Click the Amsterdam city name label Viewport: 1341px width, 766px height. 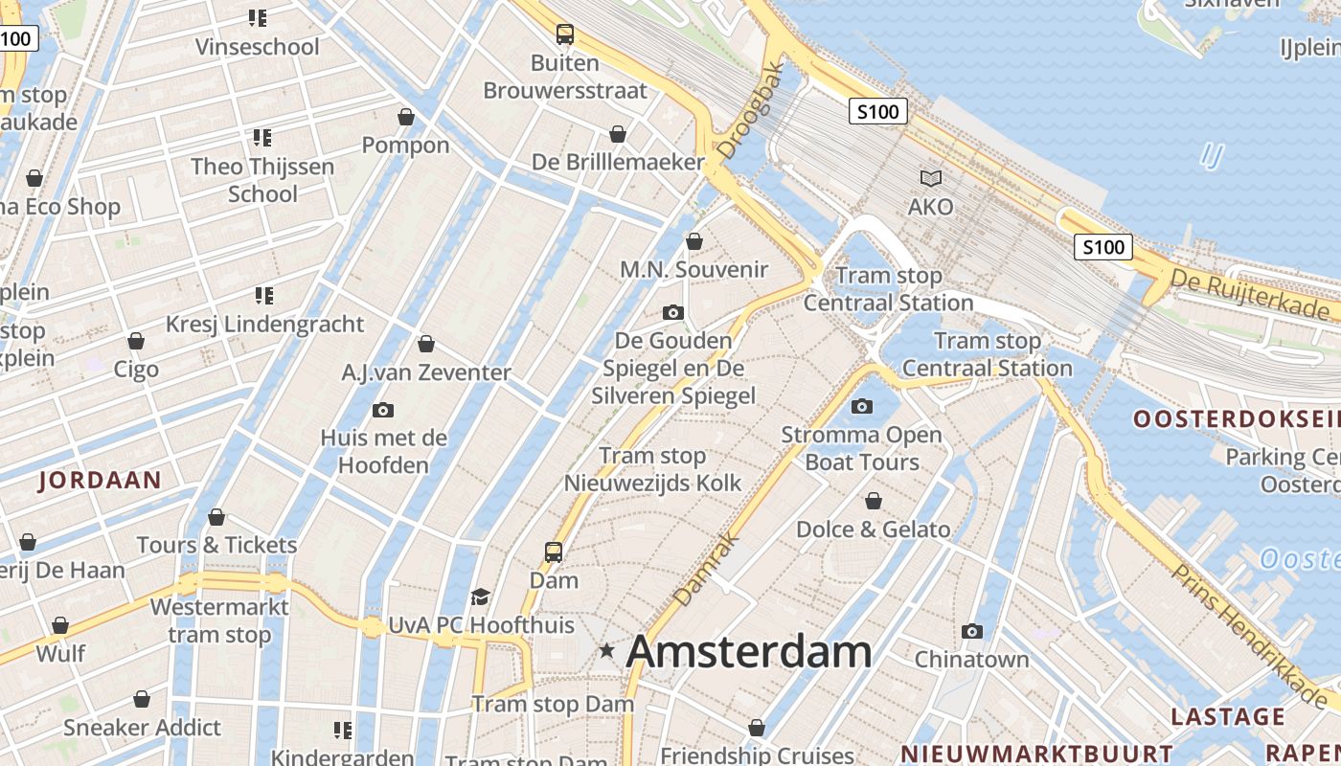coord(748,652)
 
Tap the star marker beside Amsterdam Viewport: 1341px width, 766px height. coord(606,651)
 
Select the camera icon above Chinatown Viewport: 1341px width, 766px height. coord(972,631)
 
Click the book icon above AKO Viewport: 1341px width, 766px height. coord(930,178)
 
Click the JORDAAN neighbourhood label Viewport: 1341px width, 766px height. coord(100,481)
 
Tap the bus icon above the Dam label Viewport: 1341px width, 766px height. coord(554,552)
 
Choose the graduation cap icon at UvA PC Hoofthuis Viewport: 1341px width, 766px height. coord(481,597)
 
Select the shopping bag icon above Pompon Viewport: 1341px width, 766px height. coord(406,117)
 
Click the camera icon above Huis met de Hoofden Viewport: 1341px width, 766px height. coord(383,410)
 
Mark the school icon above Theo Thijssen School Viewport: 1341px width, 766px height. coord(262,138)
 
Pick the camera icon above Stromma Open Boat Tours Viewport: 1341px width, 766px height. coord(862,406)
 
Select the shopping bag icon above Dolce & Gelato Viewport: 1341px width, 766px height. coord(874,501)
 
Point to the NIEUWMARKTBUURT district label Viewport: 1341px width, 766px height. coord(1036,754)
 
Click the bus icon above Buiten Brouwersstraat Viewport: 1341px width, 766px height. coord(565,34)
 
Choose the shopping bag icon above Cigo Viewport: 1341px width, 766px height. coord(136,341)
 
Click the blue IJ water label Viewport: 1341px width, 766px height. coord(1212,155)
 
